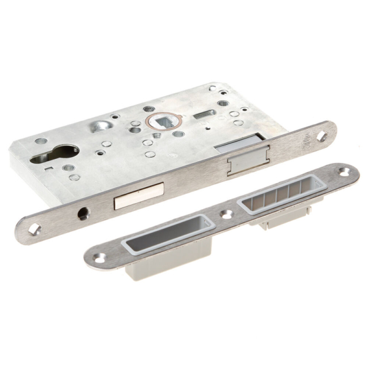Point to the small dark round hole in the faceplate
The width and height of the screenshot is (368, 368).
coord(83,215)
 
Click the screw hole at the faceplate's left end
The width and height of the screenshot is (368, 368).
coord(34,229)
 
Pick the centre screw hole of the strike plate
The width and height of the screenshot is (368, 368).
coord(227,215)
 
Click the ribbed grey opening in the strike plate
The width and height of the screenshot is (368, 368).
coord(283,197)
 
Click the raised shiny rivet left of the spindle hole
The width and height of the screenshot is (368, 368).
coord(99,126)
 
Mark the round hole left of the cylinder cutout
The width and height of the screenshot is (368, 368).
coord(40,141)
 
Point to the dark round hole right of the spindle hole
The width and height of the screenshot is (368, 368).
coord(178,134)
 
